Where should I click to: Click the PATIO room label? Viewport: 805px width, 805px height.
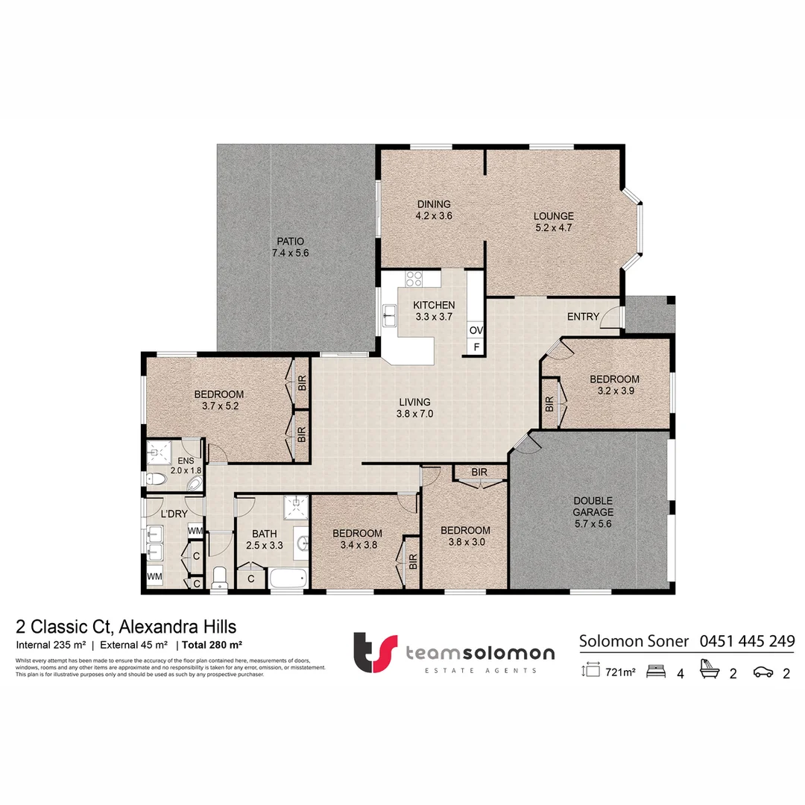click(x=290, y=247)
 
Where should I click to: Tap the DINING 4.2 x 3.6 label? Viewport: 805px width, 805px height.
click(x=434, y=209)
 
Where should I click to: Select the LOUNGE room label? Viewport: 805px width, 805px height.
click(x=553, y=221)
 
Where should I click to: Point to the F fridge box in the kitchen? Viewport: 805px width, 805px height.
click(x=475, y=347)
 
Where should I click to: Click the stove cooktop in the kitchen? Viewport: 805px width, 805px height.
click(x=414, y=280)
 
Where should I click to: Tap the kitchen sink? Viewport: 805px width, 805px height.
click(x=389, y=317)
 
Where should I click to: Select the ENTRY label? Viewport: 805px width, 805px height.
click(x=583, y=317)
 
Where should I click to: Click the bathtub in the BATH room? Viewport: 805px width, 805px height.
click(x=288, y=578)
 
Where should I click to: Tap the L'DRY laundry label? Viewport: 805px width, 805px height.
click(x=174, y=514)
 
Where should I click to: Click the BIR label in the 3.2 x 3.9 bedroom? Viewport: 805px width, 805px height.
click(x=549, y=405)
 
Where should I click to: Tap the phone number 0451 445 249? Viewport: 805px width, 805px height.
click(x=747, y=640)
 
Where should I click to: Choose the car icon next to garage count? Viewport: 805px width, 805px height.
click(x=763, y=672)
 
